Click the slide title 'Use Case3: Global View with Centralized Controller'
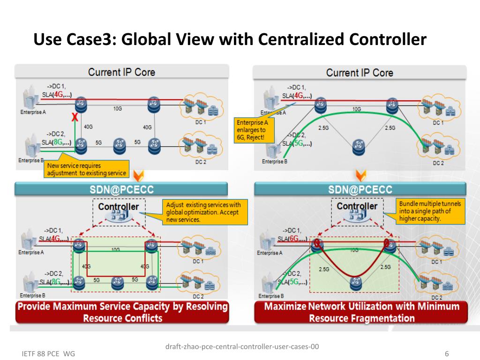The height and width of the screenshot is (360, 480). coord(230,39)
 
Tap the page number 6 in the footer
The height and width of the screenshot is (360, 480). coord(447,353)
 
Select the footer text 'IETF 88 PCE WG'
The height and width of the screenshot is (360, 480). coord(48,353)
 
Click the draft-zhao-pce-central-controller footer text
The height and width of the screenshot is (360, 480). coord(242,347)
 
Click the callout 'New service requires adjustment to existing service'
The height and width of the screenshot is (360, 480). coord(86,169)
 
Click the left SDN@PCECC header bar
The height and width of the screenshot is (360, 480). coord(121,189)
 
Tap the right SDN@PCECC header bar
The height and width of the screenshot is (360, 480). coord(360,189)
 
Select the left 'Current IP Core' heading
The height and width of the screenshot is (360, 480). coord(121,72)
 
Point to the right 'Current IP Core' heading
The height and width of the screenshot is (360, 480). coord(360,73)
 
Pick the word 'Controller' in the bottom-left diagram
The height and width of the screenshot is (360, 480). coord(119,206)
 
